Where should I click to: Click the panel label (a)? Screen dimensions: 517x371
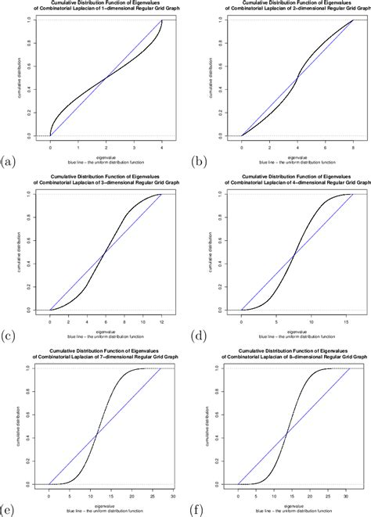click(9, 162)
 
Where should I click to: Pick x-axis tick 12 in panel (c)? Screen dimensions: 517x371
click(161, 321)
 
